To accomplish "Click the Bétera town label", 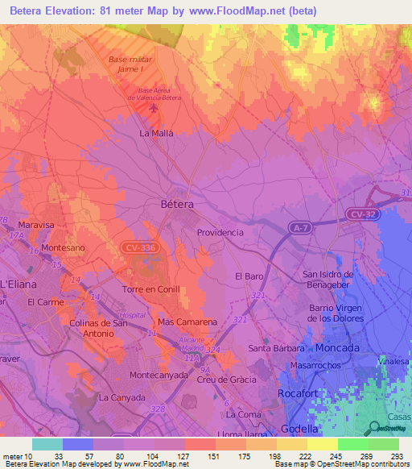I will click(x=177, y=205).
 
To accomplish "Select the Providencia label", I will click(x=220, y=232).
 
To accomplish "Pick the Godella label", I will click(x=300, y=429).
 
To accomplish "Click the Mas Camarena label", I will click(x=188, y=322).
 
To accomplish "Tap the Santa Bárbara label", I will click(x=276, y=348).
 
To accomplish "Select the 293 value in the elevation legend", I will click(x=396, y=454).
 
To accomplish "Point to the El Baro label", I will click(x=249, y=276).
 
